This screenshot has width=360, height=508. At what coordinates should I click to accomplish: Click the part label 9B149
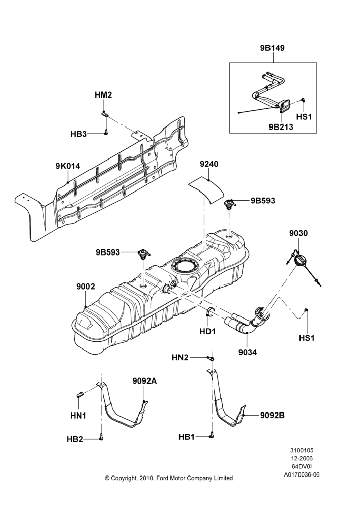coord(272,48)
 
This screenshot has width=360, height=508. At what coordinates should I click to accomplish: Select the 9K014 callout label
coord(68,167)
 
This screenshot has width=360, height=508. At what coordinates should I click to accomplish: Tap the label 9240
coord(209,164)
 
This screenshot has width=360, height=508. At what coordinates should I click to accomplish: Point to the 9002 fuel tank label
coord(85,287)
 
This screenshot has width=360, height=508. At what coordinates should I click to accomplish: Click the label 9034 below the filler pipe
coord(248,352)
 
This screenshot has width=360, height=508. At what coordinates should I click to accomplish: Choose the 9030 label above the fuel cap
coord(298,233)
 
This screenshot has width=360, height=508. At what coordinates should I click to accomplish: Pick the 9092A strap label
coord(144,381)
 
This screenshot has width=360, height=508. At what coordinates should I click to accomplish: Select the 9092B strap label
coord(273,415)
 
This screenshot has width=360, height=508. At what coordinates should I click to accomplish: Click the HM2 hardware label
coord(103,95)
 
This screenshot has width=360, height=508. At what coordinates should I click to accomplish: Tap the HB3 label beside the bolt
coord(79,134)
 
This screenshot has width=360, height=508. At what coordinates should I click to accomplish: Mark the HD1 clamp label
coord(207,331)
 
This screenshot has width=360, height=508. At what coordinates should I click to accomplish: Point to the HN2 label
coord(180,357)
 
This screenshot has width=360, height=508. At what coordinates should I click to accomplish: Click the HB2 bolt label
coord(75,439)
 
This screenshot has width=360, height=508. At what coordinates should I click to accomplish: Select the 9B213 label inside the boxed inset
coord(281,126)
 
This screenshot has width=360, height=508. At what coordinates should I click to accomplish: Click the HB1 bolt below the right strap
coord(212,435)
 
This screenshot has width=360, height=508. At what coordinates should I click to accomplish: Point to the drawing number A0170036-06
coord(302,474)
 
